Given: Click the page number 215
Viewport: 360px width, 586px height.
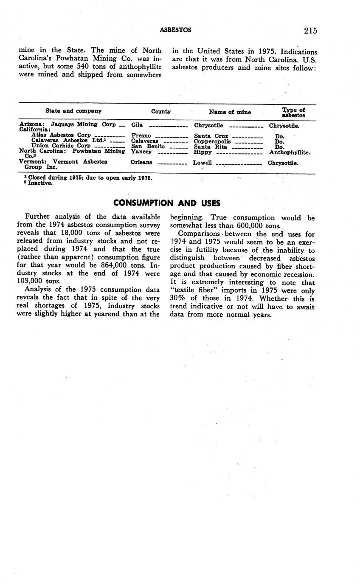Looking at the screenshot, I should click(x=310, y=30).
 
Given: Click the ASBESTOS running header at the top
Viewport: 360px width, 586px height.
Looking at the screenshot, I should click(x=175, y=30).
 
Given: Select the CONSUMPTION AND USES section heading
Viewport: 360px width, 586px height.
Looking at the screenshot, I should click(x=167, y=203).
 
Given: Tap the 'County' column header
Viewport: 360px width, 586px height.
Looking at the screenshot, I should click(x=161, y=112).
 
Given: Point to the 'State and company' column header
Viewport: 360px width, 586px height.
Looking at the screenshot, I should click(x=73, y=111).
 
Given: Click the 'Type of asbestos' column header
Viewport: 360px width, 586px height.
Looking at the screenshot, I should click(x=293, y=113).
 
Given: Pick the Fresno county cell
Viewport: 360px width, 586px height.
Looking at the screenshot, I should click(x=141, y=136).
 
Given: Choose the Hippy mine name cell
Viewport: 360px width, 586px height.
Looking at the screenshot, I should click(x=202, y=152).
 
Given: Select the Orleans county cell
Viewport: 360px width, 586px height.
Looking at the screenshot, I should click(x=141, y=162).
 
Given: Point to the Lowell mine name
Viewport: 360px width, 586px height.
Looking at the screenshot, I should click(x=202, y=163).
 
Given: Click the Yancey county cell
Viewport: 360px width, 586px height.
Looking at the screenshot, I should click(x=141, y=152).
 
